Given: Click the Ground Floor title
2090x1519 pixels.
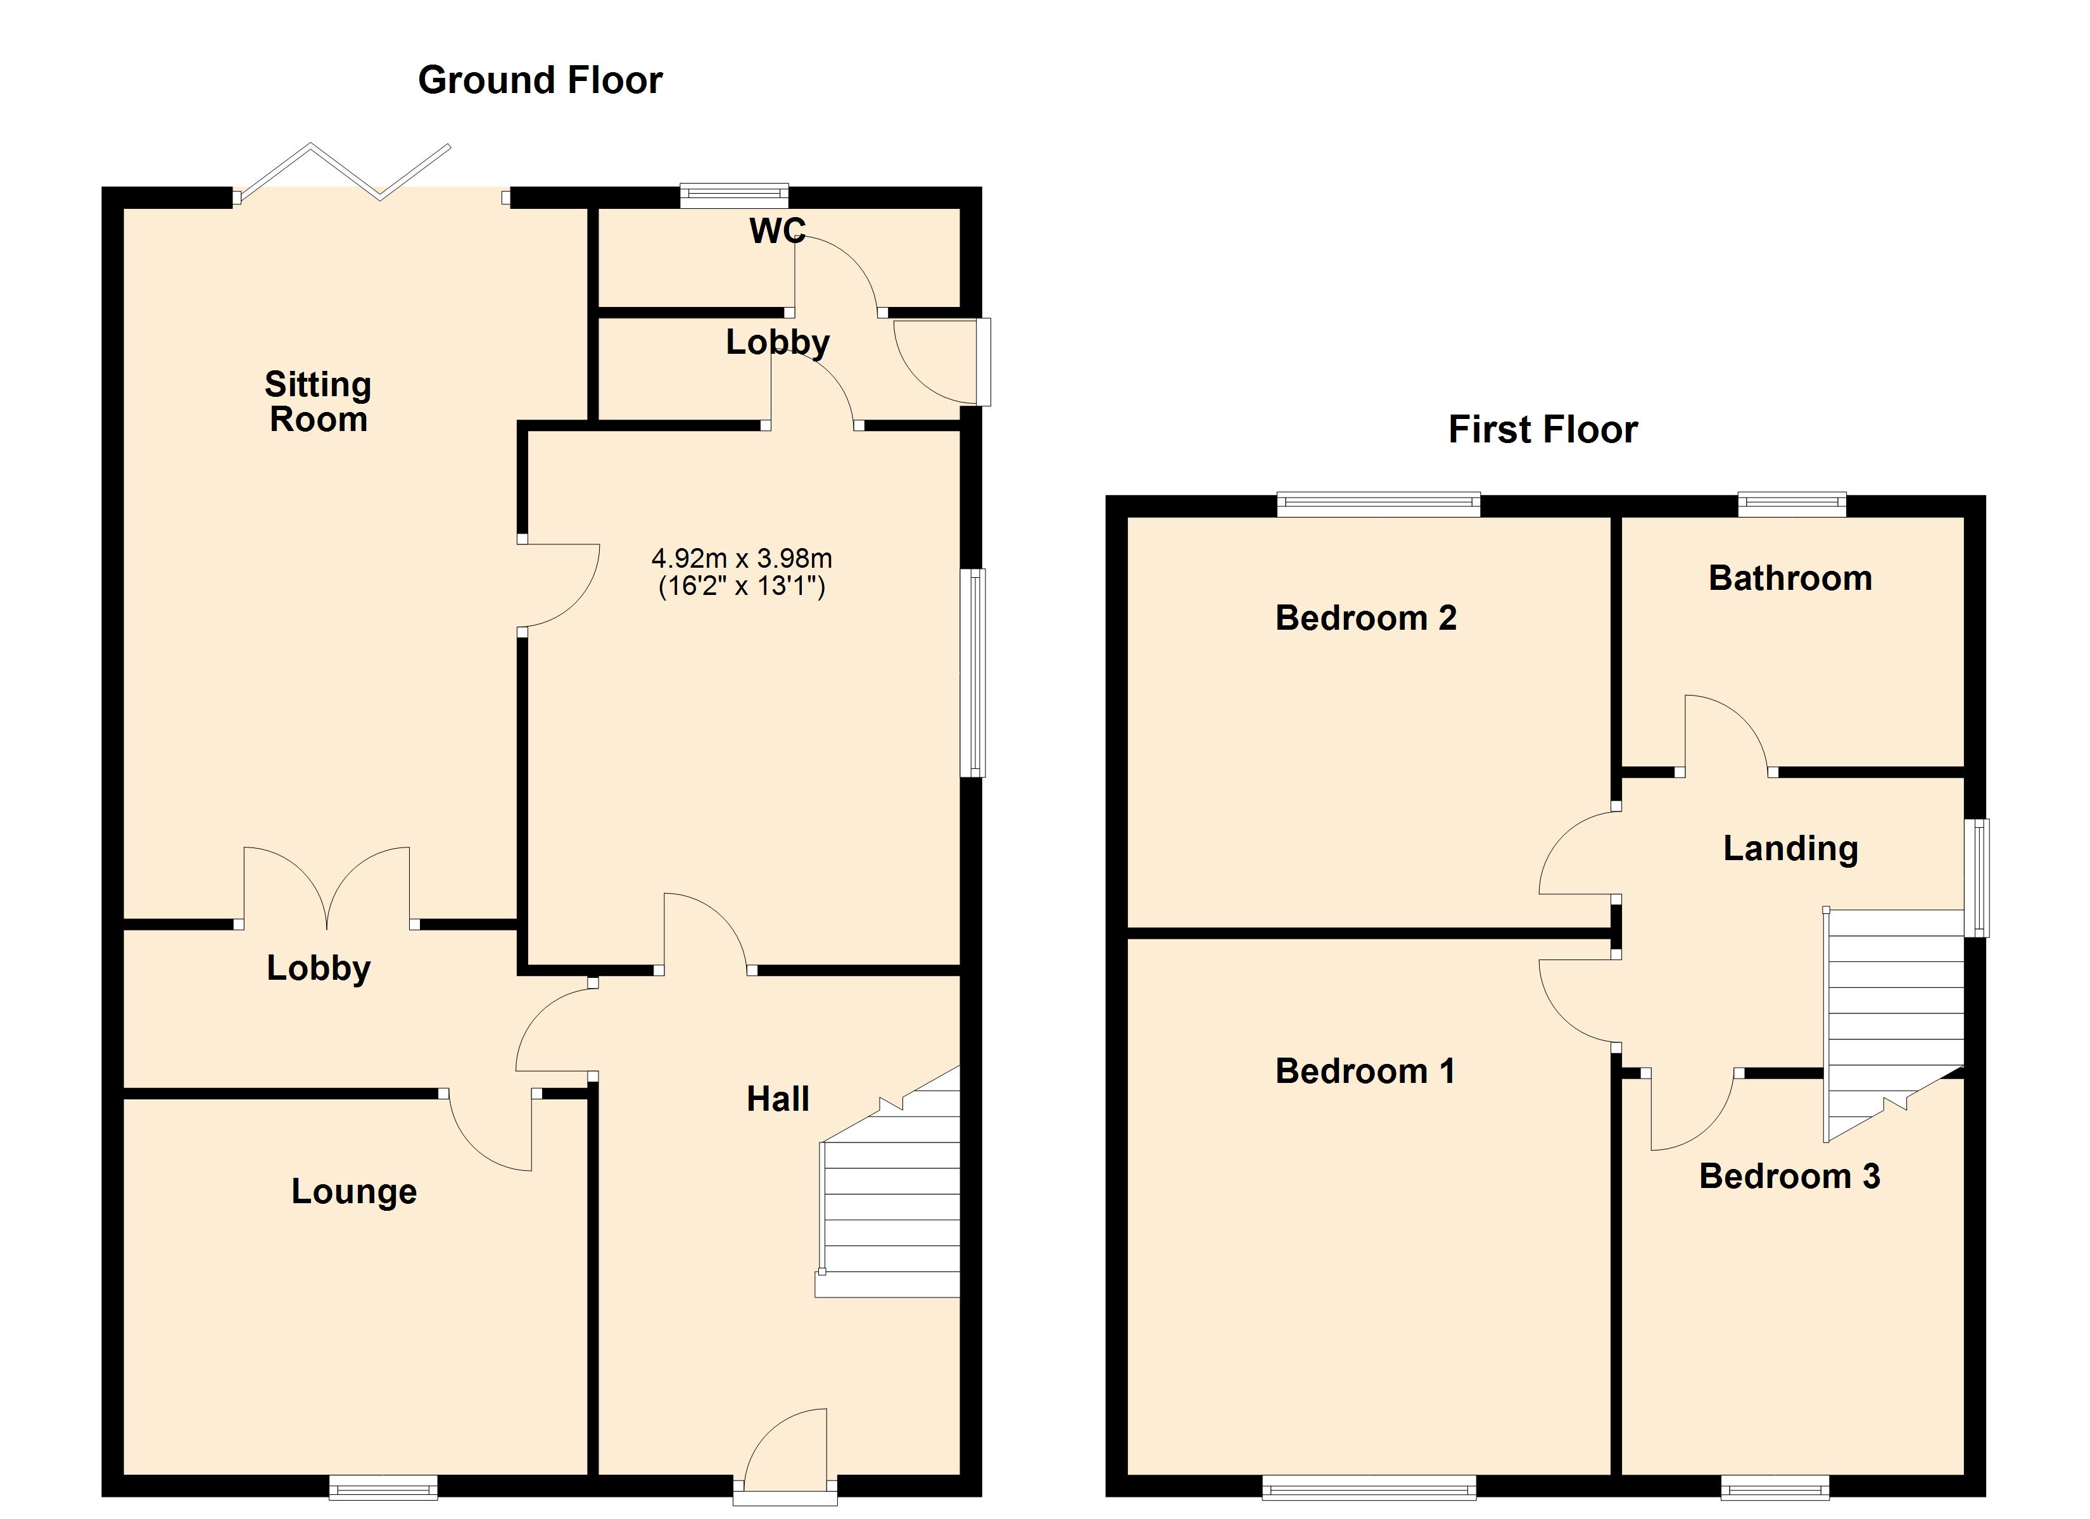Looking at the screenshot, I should (x=540, y=80).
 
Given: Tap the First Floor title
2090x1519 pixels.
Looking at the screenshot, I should (x=1543, y=429).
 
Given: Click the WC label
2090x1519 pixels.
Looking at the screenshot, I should (x=777, y=230).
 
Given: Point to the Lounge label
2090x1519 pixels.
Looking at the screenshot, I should (x=354, y=1191).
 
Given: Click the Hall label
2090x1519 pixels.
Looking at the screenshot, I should (x=777, y=1098).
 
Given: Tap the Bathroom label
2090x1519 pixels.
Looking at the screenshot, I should (x=1790, y=578).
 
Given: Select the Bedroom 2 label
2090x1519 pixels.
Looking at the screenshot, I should (x=1365, y=617).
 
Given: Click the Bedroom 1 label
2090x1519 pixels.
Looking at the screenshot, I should (x=1365, y=1070).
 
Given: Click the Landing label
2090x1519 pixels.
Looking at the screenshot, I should (x=1790, y=847).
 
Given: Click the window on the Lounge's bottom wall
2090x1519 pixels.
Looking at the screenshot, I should (x=383, y=1487).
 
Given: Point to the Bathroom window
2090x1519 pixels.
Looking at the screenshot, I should (x=1792, y=504).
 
